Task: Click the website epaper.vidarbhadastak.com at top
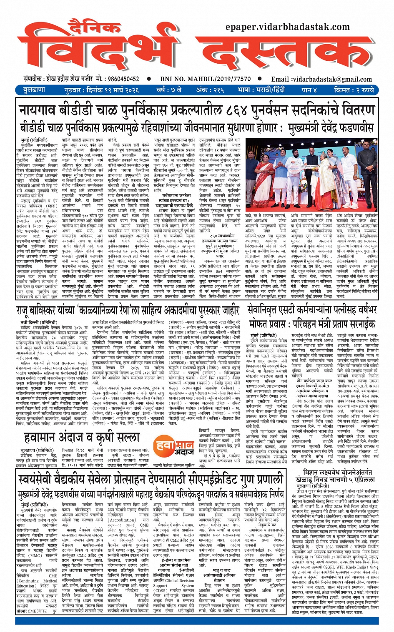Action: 287,27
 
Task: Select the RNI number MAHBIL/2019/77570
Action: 206,79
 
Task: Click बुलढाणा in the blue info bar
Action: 34,90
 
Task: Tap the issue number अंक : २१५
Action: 210,90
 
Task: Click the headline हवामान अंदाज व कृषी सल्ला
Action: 82,437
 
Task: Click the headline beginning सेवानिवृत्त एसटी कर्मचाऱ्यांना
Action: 312,309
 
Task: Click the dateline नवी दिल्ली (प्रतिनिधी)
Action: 39,323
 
